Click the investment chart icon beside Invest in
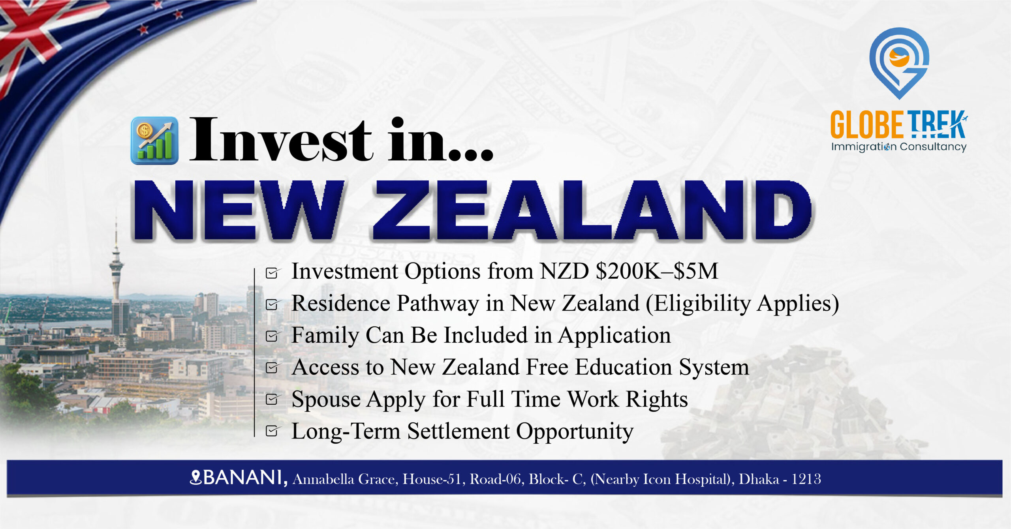154,141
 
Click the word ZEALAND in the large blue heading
592,210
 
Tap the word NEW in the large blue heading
239,210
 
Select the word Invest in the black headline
281,140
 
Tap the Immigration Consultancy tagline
899,147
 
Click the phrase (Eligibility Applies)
742,304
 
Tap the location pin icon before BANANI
196,477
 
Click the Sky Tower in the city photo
116,276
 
